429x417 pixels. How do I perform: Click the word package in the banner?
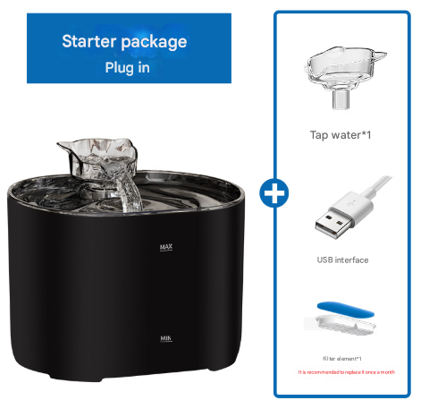pyautogui.click(x=158, y=41)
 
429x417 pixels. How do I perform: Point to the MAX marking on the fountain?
pyautogui.click(x=165, y=247)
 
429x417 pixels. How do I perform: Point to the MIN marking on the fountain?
pyautogui.click(x=165, y=339)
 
